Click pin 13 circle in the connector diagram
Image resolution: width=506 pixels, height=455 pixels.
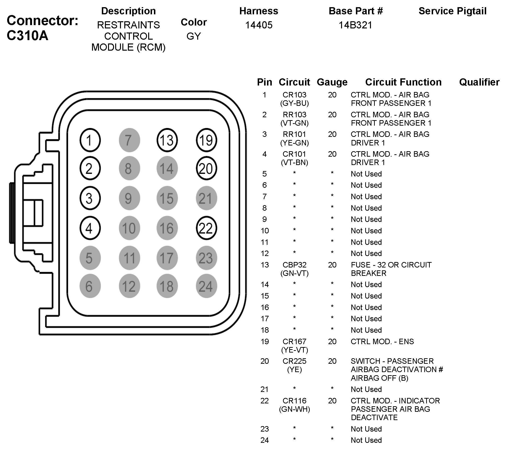coord(167,140)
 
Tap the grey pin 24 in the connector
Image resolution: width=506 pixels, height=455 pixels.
coord(206,286)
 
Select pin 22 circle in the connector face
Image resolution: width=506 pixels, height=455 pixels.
coord(206,228)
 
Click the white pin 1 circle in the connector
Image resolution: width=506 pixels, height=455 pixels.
coord(90,140)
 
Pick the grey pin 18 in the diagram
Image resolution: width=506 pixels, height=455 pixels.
coord(167,286)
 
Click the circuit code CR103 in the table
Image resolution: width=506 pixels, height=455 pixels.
coord(294,95)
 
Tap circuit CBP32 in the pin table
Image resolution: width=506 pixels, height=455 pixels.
coord(294,265)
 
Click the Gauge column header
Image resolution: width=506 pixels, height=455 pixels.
coord(332,82)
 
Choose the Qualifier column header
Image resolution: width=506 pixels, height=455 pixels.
coord(479,82)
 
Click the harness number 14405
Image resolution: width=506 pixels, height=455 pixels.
coord(259,25)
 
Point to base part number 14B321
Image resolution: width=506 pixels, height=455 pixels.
coord(355,25)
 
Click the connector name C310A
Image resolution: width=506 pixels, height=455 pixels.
coord(27,36)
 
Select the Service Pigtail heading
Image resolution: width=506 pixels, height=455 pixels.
coord(452,11)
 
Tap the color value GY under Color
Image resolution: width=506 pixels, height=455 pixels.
coord(194,36)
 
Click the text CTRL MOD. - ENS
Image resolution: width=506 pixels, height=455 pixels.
coord(382,342)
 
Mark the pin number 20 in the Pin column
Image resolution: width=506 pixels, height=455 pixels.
coord(264,361)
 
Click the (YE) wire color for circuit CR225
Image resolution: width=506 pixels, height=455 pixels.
coord(294,369)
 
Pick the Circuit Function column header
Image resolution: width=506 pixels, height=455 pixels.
coord(403,82)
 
